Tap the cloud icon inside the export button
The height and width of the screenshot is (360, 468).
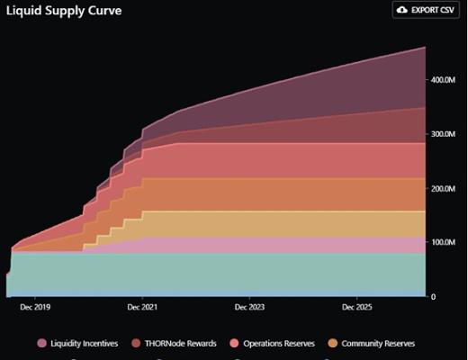[401, 10]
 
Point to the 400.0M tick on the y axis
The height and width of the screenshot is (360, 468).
[443, 81]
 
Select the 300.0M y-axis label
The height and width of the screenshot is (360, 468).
[443, 135]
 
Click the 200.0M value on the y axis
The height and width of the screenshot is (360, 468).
[443, 189]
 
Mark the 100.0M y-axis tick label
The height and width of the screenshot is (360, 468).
[443, 243]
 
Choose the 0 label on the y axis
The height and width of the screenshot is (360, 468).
[433, 297]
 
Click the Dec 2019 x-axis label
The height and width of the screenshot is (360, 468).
[35, 307]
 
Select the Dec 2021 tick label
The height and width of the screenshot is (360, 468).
[142, 307]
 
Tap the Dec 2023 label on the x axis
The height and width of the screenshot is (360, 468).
[250, 307]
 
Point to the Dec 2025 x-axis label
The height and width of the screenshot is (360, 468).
[357, 307]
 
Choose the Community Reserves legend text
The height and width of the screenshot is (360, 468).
[378, 343]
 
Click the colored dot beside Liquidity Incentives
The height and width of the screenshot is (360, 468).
[42, 343]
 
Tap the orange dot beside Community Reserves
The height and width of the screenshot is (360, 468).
[332, 343]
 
